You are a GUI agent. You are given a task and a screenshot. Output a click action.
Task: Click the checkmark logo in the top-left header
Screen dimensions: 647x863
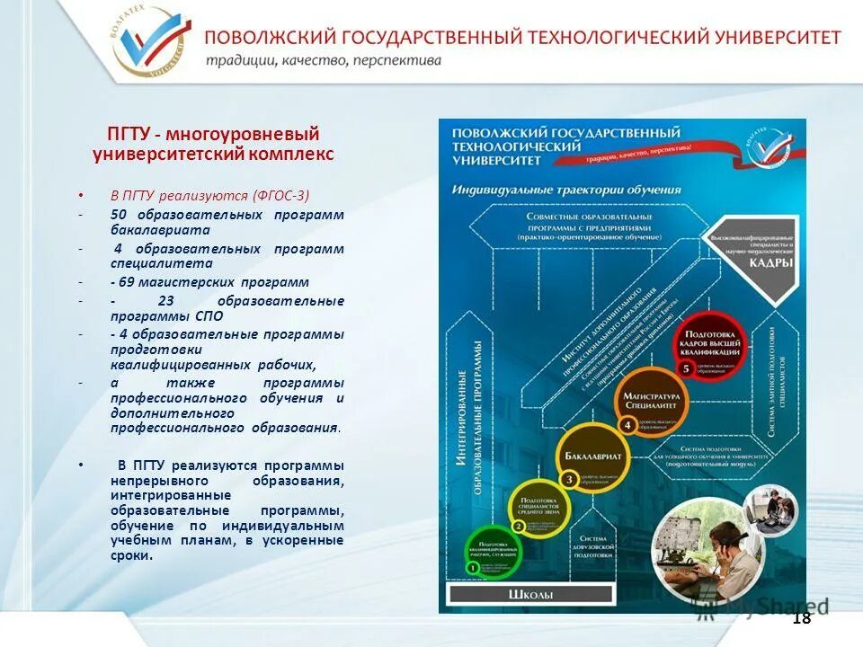[151, 41]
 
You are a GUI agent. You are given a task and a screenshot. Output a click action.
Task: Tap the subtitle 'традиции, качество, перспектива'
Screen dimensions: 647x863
[323, 61]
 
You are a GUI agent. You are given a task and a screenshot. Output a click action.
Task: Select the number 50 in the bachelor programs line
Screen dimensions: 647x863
[119, 215]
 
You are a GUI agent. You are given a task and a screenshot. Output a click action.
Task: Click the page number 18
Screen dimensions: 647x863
[801, 618]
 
